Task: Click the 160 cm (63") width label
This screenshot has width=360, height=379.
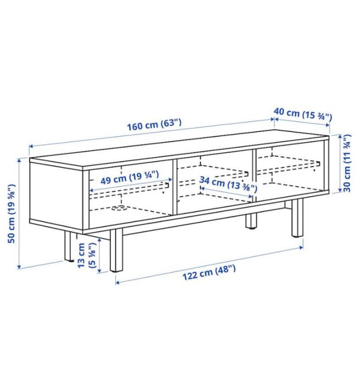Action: tap(154, 125)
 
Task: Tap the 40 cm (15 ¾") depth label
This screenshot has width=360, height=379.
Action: tap(303, 114)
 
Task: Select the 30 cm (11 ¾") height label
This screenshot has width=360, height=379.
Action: tap(347, 163)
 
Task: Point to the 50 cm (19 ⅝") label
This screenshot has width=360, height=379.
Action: tap(12, 214)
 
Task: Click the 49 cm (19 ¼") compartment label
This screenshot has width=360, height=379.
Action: tap(130, 177)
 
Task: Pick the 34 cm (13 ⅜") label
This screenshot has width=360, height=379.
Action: tap(228, 183)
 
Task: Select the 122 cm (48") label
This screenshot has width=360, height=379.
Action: tap(208, 272)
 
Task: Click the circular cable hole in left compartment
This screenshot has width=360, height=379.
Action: tap(119, 208)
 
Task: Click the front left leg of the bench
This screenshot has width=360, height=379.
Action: tap(117, 250)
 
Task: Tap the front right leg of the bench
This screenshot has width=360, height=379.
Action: tap(297, 218)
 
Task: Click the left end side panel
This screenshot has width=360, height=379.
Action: tap(56, 193)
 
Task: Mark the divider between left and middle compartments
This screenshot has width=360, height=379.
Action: tap(175, 187)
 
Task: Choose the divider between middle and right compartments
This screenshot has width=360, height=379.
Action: tap(254, 175)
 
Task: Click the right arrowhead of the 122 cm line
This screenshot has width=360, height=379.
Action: tap(301, 247)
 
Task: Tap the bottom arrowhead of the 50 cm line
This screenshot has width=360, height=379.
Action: tap(19, 267)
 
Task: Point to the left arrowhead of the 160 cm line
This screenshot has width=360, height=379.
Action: tap(31, 146)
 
